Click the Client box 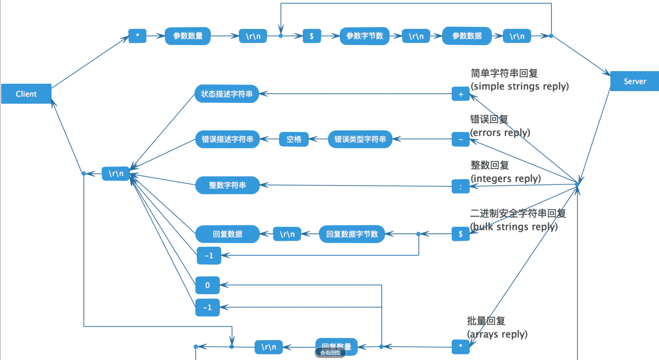pos(26,94)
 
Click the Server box pos(634,81)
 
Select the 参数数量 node pos(187,36)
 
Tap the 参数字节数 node pos(364,36)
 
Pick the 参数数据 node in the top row pos(467,36)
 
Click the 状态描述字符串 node pos(227,94)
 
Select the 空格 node pos(294,139)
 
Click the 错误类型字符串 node pos(360,139)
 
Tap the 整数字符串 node pos(227,185)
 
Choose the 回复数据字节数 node pos(352,234)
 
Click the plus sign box pos(460,94)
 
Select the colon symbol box pos(460,187)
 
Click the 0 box pos(207,285)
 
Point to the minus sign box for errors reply pos(460,139)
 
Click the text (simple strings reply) pos(519,86)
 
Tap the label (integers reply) pos(506,178)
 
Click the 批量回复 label pos(486,321)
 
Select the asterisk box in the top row pos(137,36)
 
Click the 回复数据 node pos(227,234)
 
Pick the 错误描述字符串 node pos(227,139)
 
